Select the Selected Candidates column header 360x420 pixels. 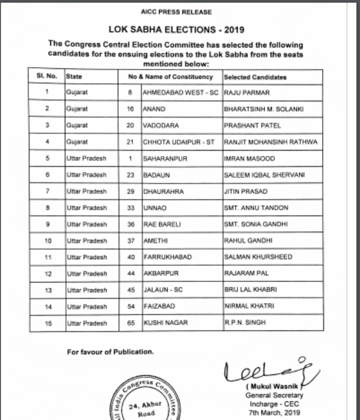pos(255,77)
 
